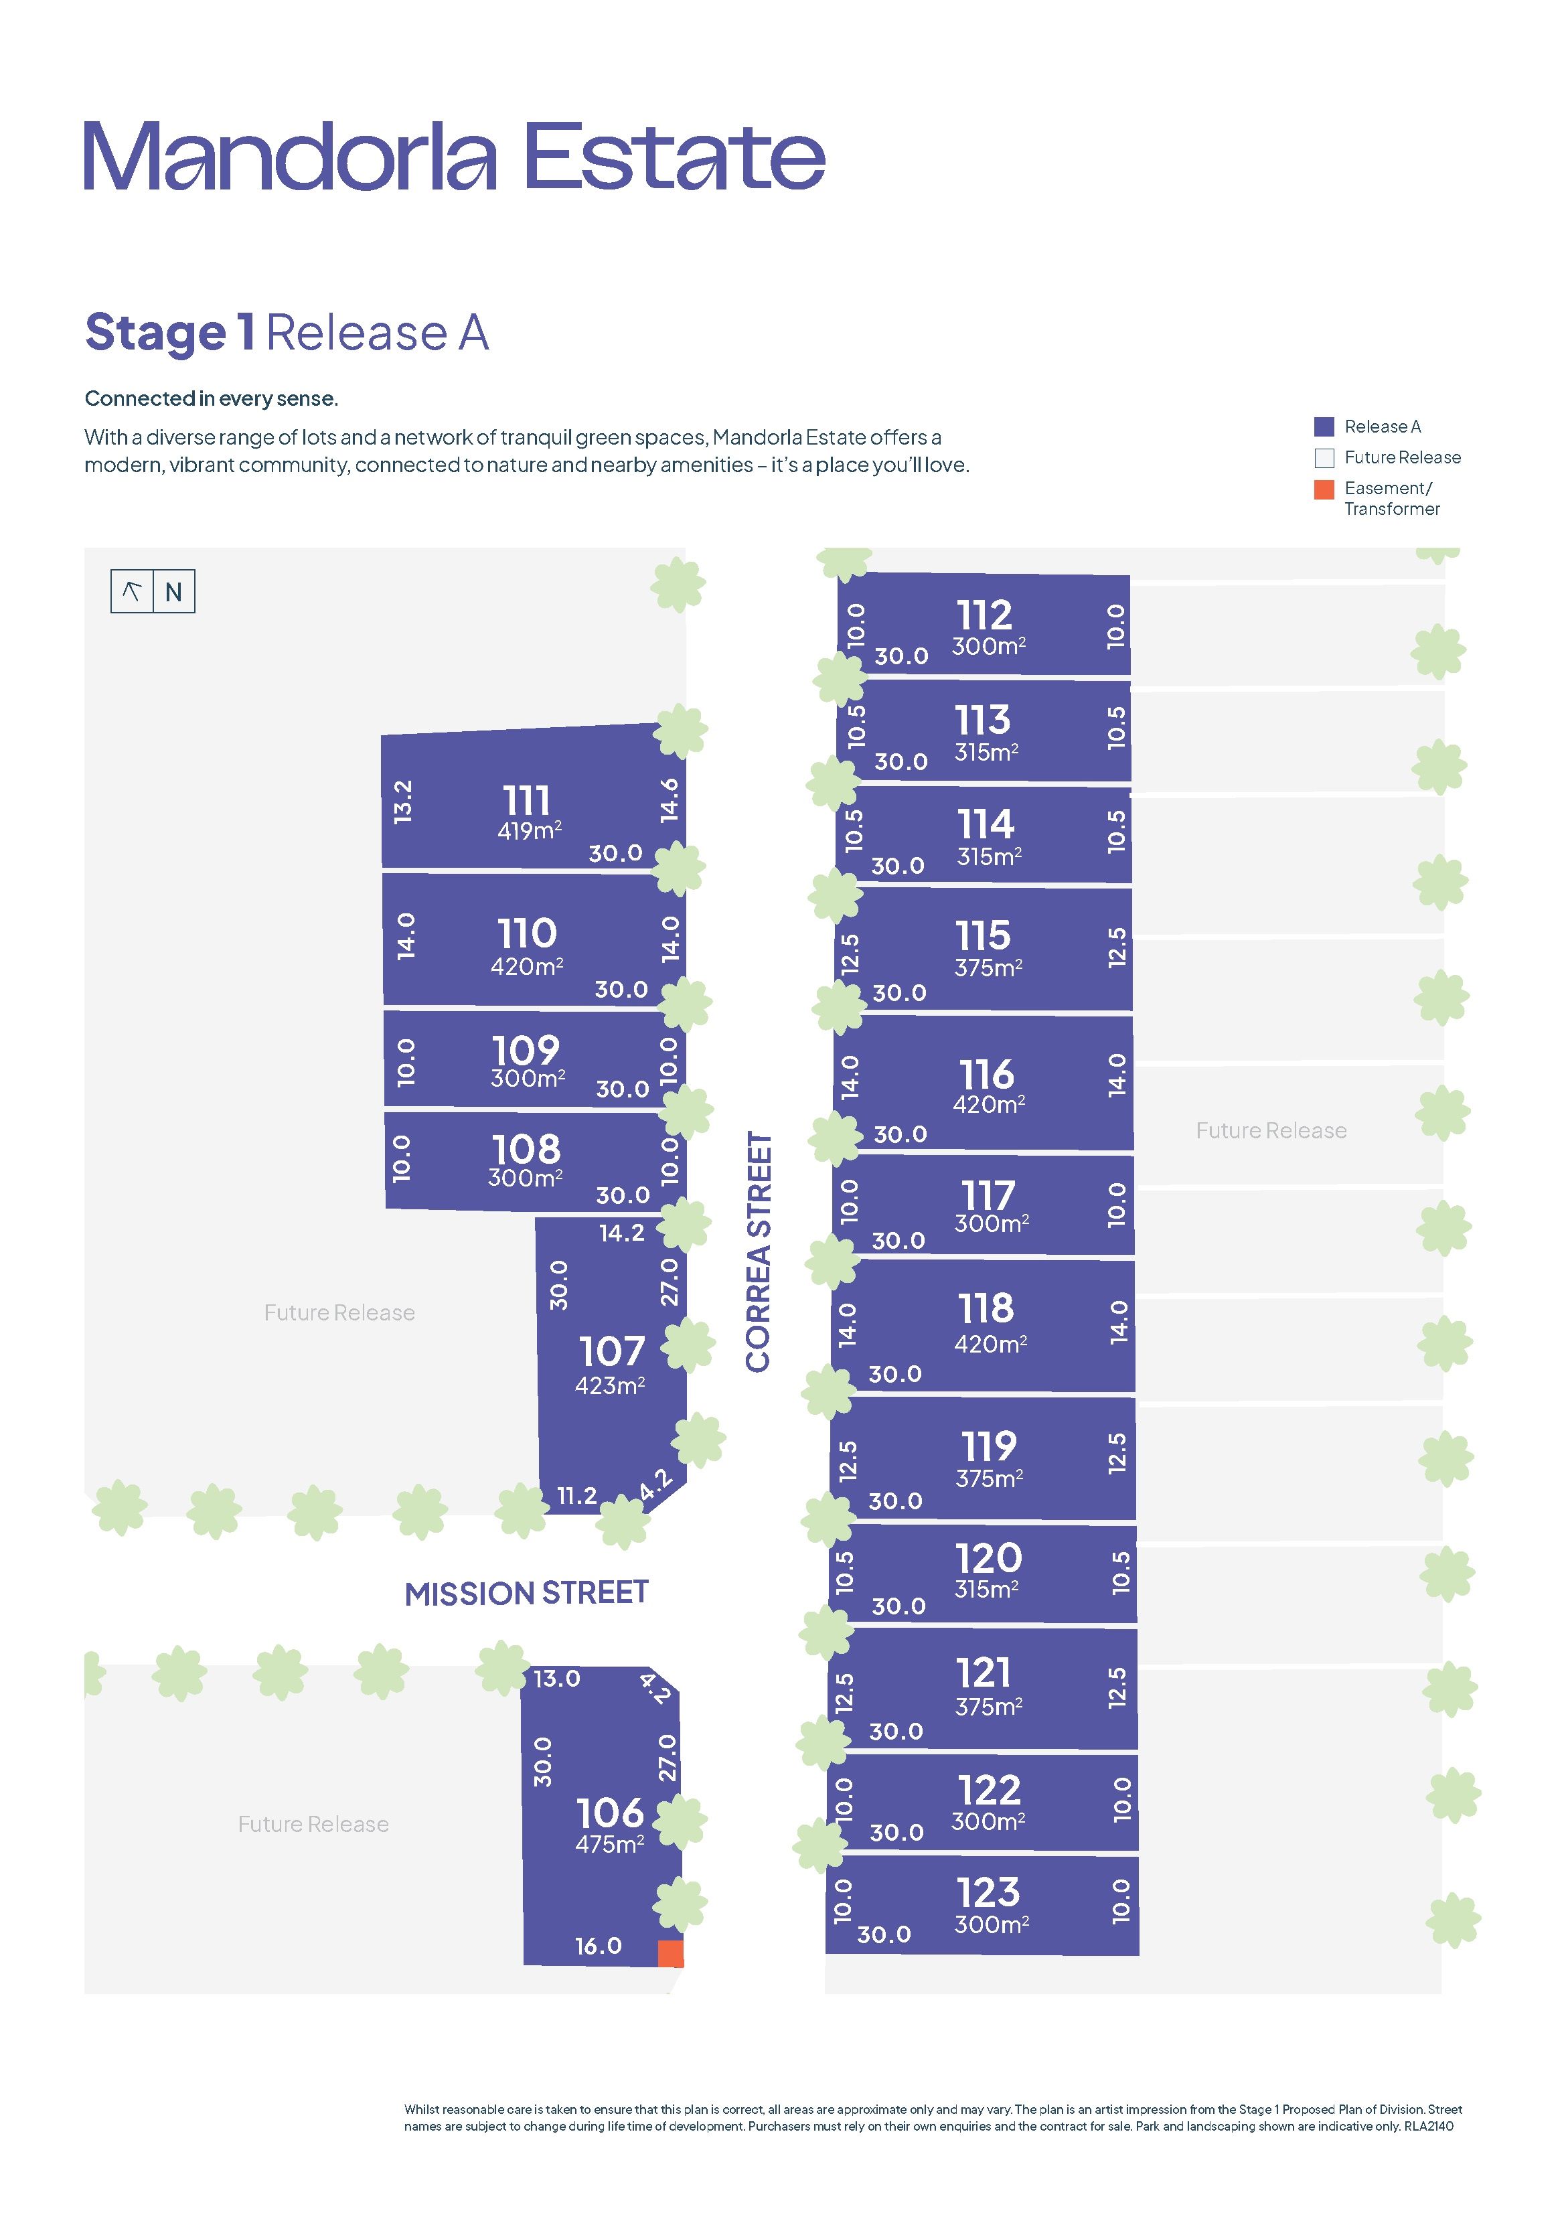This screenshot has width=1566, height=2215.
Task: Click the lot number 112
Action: [x=984, y=615]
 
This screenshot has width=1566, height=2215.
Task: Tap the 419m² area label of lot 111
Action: [x=529, y=830]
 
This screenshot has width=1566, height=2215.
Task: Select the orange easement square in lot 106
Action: [x=671, y=1954]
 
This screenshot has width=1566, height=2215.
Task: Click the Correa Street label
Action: [x=759, y=1251]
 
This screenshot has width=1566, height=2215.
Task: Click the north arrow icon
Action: [x=132, y=591]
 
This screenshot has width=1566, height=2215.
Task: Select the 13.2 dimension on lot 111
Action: [x=403, y=801]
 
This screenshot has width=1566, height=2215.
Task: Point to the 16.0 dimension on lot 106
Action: [x=599, y=1946]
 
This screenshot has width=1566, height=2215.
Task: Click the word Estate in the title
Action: [x=674, y=155]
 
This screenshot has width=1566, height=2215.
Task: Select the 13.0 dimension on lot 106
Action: [x=557, y=1679]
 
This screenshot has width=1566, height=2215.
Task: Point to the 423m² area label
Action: [x=610, y=1385]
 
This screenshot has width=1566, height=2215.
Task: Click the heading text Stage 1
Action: [x=171, y=333]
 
